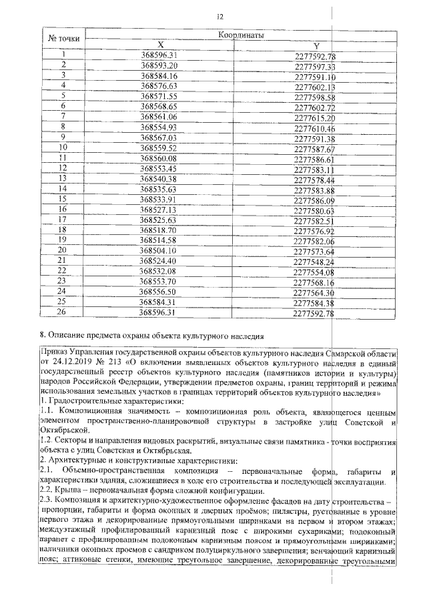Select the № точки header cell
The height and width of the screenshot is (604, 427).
point(64,39)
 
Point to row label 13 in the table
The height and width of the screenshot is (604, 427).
point(64,178)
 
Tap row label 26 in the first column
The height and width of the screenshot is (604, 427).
point(64,312)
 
